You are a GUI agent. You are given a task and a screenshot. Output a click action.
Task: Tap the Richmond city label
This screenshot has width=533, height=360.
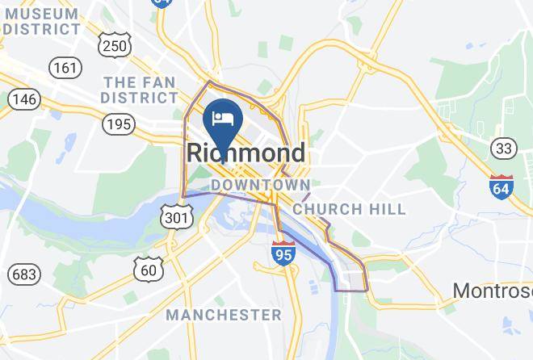click(x=246, y=153)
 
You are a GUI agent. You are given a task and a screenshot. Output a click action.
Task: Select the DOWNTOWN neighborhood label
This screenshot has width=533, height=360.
click(x=260, y=186)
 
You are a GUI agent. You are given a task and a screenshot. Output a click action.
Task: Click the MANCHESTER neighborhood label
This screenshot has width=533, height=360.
click(x=224, y=314)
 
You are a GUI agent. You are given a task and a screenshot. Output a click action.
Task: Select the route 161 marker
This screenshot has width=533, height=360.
click(x=65, y=68)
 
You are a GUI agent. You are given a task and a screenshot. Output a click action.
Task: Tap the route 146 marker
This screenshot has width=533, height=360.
click(x=24, y=99)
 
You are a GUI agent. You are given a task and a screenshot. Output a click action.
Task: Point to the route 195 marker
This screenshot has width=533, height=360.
click(x=119, y=123)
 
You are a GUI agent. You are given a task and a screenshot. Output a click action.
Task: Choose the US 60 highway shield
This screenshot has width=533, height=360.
click(x=149, y=269)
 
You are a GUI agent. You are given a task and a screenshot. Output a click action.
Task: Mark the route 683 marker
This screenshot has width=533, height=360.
click(x=24, y=274)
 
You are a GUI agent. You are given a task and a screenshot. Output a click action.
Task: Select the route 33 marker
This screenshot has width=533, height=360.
click(x=504, y=148)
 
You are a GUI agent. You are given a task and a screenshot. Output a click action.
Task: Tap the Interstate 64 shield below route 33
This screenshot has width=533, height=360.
click(x=502, y=187)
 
